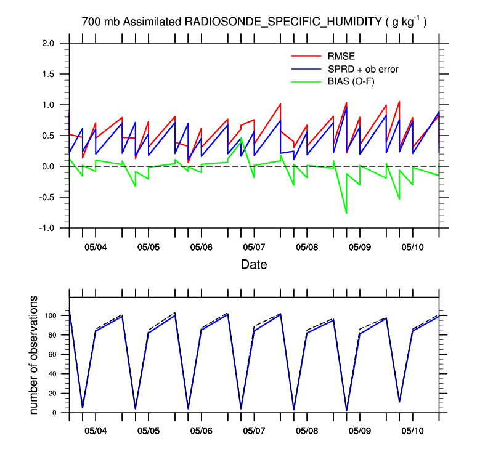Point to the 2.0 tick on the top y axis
click(x=48, y=43)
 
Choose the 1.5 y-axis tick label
click(x=48, y=74)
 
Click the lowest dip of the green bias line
click(x=346, y=213)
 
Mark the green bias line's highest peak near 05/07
click(x=241, y=139)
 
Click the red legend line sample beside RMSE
click(x=306, y=57)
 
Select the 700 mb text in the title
click(x=100, y=22)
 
